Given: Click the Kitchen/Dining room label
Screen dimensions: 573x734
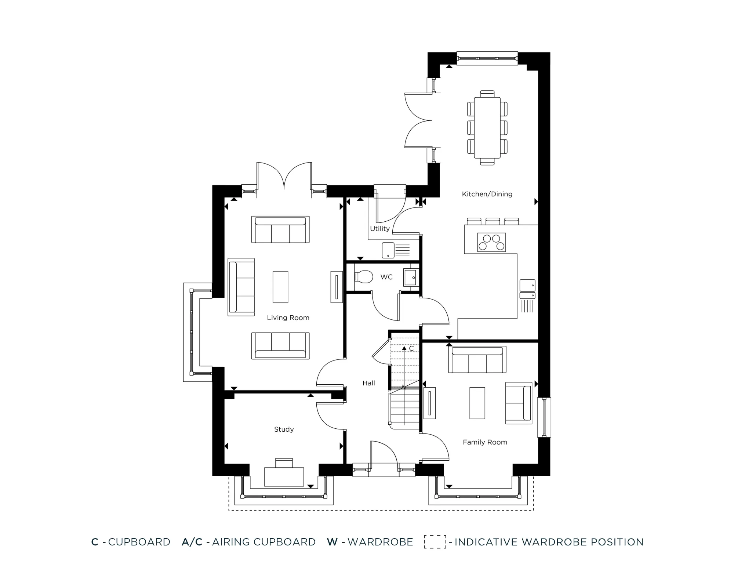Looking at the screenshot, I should tap(487, 194).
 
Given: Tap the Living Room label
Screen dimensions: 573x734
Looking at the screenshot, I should tap(288, 318).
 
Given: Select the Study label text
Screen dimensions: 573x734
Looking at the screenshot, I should tap(284, 429).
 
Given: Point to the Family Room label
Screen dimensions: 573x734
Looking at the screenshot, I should tap(485, 442).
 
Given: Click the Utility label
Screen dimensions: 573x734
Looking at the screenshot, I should tap(379, 229).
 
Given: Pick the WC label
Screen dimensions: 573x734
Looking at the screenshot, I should tap(386, 277).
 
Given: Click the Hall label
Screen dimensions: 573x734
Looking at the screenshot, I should tap(368, 383).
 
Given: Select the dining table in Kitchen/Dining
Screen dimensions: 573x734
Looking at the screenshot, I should tap(487, 127).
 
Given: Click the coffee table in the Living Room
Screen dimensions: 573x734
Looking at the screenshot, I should tap(280, 287).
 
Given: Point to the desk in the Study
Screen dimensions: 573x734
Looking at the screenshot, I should tap(284, 476).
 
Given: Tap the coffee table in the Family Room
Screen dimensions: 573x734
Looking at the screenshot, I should tap(477, 403).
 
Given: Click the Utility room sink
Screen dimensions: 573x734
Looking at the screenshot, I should tap(388, 250).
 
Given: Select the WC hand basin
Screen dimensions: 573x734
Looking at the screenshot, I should tap(410, 278).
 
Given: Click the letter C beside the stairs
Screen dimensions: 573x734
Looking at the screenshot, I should tap(411, 348).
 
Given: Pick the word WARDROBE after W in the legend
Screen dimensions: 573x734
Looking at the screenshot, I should tap(380, 542).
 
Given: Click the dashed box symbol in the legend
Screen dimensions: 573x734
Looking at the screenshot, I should tap(435, 542).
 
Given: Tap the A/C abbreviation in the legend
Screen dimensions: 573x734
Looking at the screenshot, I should tap(192, 542).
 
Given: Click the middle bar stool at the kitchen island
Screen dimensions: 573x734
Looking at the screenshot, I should tap(493, 221).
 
